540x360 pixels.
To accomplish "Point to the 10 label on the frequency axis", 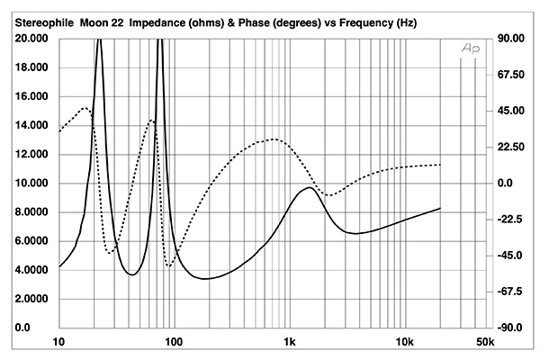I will point(59,343).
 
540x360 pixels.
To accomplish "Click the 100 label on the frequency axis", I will point(174,343).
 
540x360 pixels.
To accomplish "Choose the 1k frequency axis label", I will point(289,343).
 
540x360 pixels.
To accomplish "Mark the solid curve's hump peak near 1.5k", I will point(310,188).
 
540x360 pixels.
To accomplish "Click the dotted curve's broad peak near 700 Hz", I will point(273,139).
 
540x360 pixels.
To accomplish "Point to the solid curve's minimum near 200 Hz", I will point(206,279).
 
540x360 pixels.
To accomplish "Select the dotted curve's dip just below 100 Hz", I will point(168,265).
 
